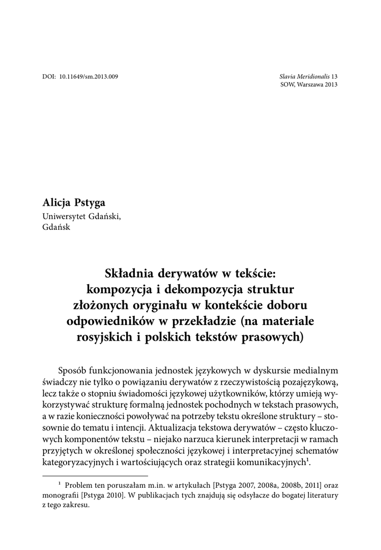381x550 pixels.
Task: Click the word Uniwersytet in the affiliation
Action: click(x=63, y=216)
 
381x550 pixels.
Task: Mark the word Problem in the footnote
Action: click(x=80, y=486)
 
